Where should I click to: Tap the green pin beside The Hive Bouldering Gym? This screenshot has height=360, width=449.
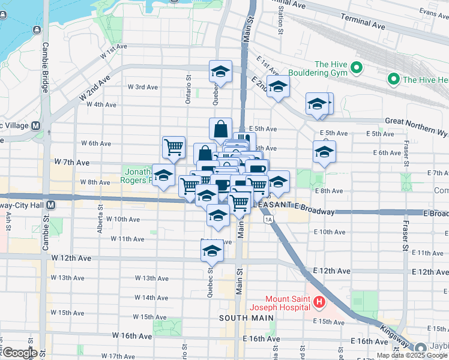point(357,67)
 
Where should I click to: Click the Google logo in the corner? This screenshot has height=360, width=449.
point(20,353)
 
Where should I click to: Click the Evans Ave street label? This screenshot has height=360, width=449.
point(433,12)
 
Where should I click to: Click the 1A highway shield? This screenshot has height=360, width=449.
point(268,220)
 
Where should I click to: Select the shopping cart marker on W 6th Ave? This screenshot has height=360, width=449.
point(173,146)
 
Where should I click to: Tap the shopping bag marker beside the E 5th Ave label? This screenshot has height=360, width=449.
point(221,128)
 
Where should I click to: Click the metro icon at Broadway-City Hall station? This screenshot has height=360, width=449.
point(51,205)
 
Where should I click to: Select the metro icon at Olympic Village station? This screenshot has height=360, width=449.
point(35,126)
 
